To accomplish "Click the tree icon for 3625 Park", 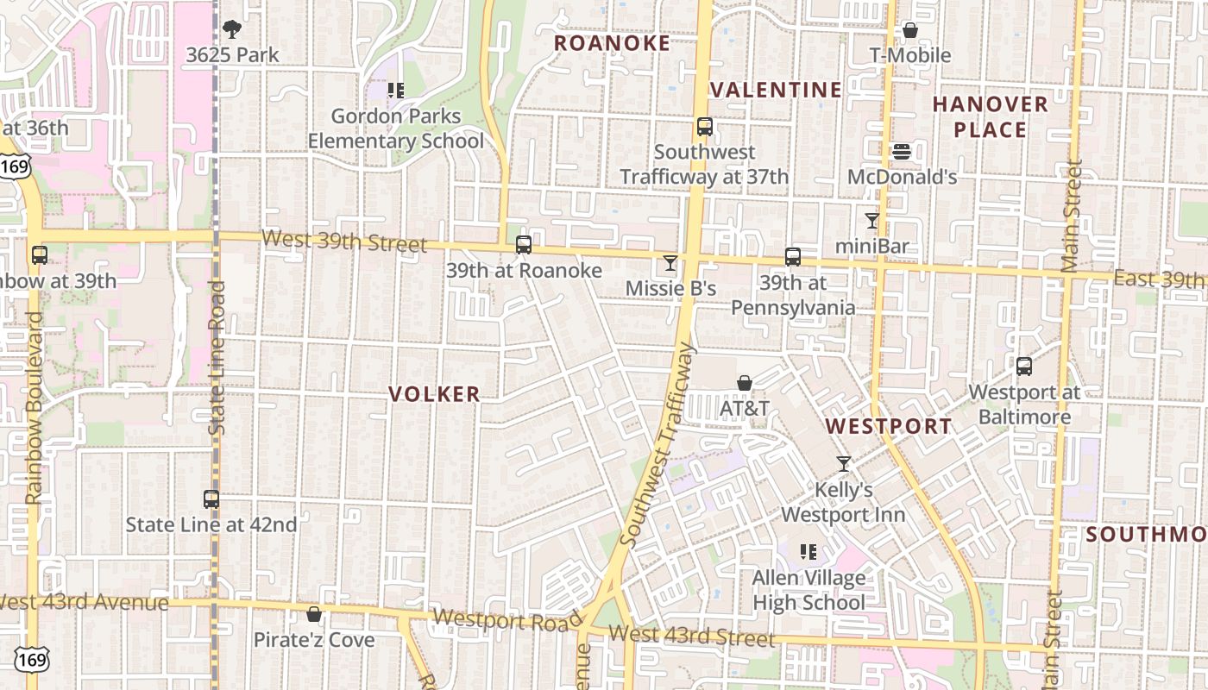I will (232, 29).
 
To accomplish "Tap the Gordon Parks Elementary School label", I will (396, 128).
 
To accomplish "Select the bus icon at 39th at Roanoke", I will (523, 245).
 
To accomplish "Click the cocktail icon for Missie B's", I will (670, 263).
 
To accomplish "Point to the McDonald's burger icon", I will (902, 152).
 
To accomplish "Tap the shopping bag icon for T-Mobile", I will (909, 31).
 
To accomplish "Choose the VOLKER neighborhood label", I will (434, 394).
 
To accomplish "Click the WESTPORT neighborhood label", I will (889, 426).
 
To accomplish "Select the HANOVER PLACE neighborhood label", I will (991, 117).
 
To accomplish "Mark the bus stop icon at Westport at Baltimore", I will (1024, 367).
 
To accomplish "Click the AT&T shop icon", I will (744, 383).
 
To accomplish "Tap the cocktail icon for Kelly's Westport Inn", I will (843, 464).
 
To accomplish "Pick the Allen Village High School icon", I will (808, 552).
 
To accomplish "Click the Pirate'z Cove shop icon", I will (314, 614).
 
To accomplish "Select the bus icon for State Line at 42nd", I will (211, 499).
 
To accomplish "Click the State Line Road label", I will (217, 357).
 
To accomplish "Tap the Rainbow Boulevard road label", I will (35, 408).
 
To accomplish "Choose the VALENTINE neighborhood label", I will (776, 90).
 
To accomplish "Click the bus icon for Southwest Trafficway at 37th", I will (704, 127).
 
